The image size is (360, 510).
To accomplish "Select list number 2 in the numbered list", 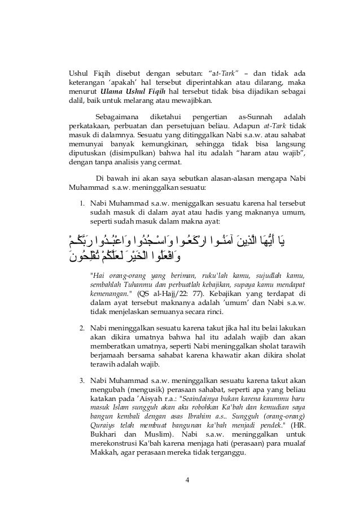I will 81,327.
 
